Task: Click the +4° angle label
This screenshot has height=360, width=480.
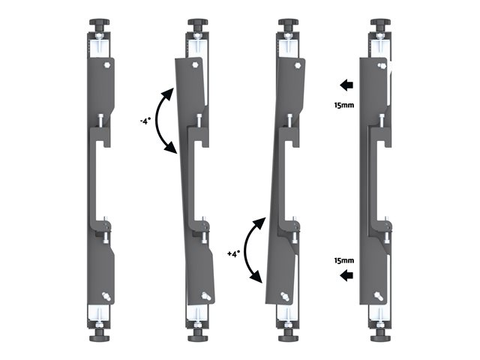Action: [234, 253]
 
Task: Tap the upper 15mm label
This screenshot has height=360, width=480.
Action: [344, 105]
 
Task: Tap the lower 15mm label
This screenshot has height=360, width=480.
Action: [344, 260]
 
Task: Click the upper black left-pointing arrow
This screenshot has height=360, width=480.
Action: [346, 85]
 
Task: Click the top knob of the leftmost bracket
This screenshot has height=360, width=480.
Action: [100, 22]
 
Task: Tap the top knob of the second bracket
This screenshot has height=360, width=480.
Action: [198, 22]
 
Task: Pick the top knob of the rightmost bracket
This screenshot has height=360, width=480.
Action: [380, 22]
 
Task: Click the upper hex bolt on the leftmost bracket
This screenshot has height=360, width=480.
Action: [107, 65]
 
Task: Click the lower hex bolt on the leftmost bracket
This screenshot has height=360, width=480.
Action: [106, 295]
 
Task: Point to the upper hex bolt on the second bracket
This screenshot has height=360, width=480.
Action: [195, 64]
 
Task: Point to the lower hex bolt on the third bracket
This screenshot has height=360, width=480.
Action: [284, 296]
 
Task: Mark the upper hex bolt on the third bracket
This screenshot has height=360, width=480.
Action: [297, 65]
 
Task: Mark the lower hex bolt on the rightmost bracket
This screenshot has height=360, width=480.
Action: [377, 296]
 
